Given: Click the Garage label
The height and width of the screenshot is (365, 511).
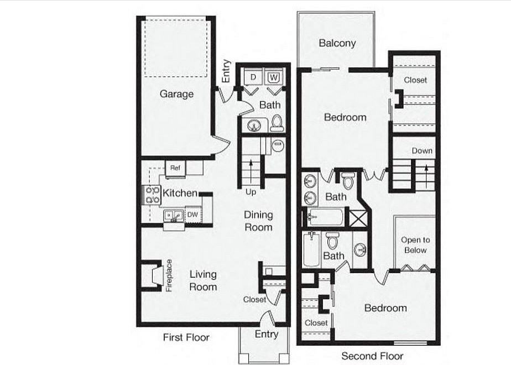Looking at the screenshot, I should [x=176, y=94].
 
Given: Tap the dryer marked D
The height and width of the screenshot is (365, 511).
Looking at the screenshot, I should [x=253, y=77].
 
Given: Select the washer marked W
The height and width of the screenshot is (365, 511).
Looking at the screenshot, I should [x=274, y=77].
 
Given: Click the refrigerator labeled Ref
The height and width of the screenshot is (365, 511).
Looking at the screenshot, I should [x=175, y=168].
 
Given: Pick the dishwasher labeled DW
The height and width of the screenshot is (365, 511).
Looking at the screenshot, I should [x=192, y=215].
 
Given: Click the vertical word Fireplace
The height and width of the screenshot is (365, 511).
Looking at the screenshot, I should [x=169, y=275].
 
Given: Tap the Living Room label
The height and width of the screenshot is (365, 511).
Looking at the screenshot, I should [x=203, y=280].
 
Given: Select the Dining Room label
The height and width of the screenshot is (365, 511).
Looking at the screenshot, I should [x=258, y=221].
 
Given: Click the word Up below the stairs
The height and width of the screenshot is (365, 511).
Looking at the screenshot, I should [x=251, y=192].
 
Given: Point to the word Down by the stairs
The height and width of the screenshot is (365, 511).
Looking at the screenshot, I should [x=422, y=151].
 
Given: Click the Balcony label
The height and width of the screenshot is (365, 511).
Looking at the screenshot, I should [x=337, y=43].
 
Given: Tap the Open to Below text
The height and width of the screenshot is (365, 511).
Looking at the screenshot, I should [x=415, y=245].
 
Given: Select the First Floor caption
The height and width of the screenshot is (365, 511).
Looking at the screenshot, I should [x=186, y=337].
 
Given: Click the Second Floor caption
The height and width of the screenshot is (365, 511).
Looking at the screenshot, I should [x=372, y=356].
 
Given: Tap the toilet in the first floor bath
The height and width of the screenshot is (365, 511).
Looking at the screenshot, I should [x=277, y=123].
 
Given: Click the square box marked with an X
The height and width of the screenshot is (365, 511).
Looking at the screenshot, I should [x=358, y=217].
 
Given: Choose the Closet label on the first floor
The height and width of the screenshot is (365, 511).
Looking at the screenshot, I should [x=254, y=299].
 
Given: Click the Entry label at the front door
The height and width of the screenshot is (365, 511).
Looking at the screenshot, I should [x=266, y=334].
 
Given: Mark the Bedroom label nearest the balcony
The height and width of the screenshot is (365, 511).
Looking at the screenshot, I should [x=345, y=117].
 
